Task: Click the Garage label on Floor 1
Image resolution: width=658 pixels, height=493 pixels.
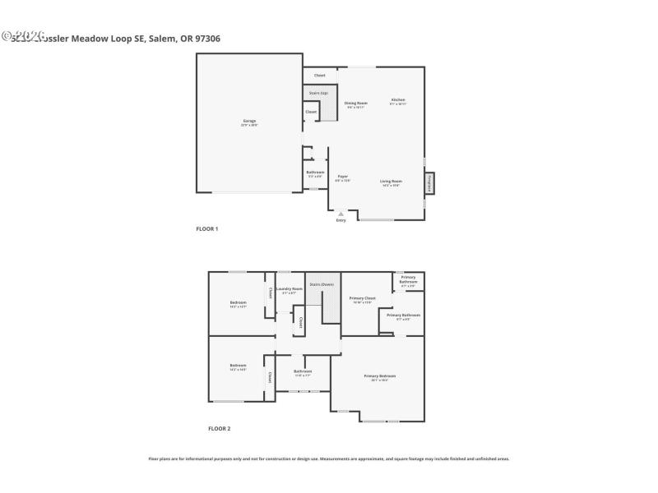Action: [249, 122]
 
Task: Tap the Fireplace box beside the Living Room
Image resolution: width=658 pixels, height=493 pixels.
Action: [429, 183]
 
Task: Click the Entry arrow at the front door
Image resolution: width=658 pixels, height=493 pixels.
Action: [341, 214]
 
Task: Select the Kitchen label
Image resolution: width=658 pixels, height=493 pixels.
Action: [398, 100]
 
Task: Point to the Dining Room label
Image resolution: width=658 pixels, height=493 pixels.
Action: [355, 104]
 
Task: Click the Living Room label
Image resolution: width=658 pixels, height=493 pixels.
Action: [391, 182]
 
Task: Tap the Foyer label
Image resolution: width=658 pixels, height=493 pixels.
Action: [343, 177]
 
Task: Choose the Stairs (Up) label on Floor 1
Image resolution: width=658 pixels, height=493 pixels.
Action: [318, 93]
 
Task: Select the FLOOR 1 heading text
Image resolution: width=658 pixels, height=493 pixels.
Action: [206, 228]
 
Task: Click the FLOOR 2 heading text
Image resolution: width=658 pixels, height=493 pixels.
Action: [219, 428]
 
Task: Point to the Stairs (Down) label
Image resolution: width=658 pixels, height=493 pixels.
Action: [322, 284]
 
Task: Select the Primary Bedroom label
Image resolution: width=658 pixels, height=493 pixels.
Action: [379, 377]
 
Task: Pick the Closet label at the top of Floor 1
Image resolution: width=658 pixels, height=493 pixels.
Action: [319, 76]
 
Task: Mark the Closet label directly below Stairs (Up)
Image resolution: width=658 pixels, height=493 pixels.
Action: [311, 112]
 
